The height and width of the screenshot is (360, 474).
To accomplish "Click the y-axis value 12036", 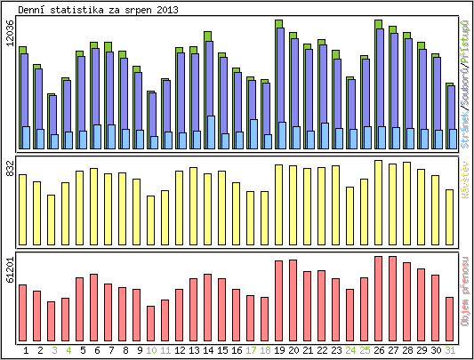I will pos(10,38).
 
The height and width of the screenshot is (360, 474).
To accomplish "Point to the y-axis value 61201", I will pos(10,270).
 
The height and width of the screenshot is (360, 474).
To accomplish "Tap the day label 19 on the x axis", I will pos(279,350).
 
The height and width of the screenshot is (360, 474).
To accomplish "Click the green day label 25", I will pos(365,350).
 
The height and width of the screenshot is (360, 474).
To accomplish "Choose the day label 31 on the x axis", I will pos(451,350).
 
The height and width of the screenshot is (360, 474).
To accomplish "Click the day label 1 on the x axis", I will pos(24,350).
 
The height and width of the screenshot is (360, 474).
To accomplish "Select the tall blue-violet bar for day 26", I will pos(380,80).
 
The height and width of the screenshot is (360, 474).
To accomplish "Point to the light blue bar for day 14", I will pos(211,132).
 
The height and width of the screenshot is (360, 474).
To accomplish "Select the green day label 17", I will pos(251,350).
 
